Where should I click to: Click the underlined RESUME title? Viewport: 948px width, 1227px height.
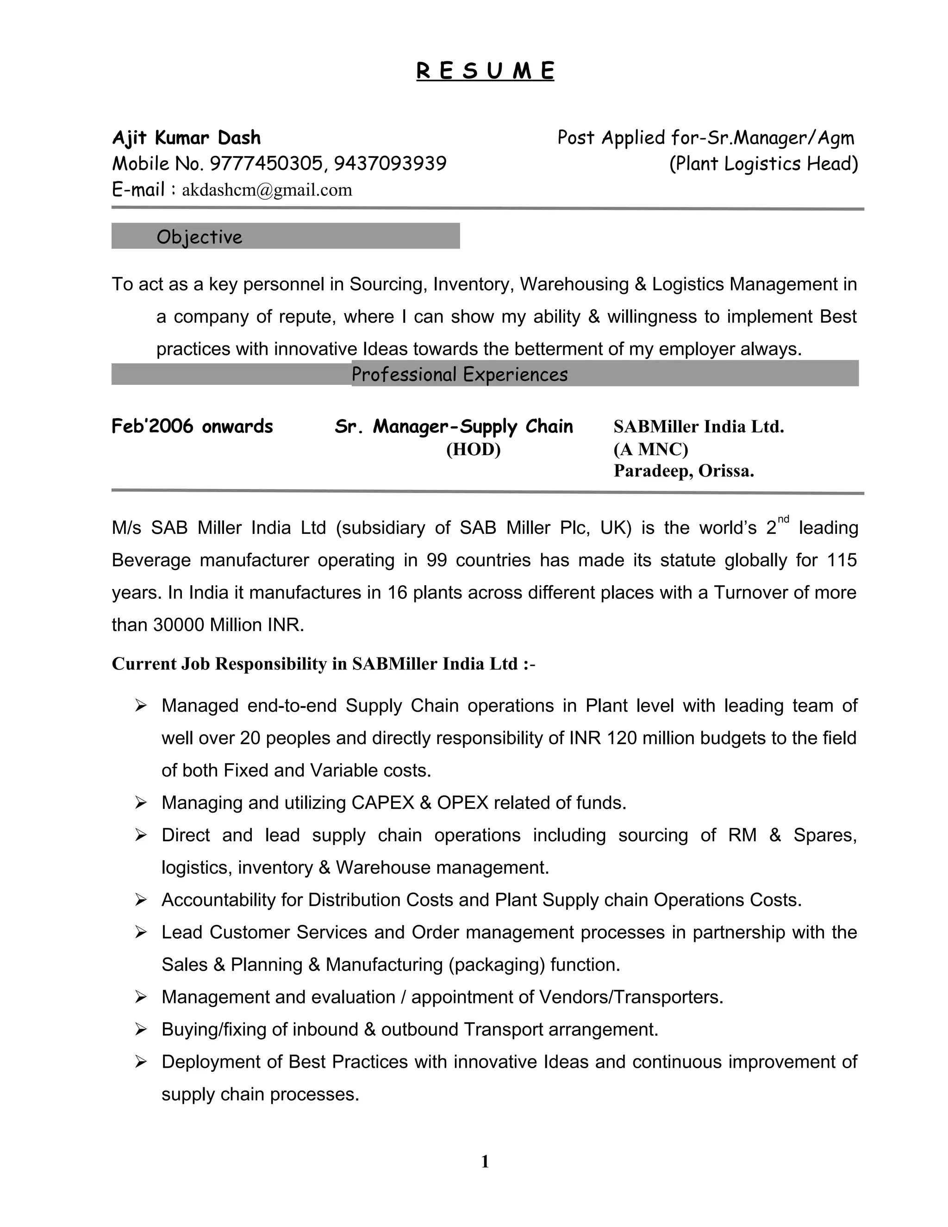485,71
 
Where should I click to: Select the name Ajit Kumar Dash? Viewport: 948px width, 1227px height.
186,138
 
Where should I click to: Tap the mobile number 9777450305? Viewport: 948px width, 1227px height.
266,163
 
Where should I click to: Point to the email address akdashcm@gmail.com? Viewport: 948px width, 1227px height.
267,190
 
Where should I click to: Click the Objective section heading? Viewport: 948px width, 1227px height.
200,237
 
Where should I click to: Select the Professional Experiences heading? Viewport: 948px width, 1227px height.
459,374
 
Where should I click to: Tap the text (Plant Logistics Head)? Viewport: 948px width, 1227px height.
763,163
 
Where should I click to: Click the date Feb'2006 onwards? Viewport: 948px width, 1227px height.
192,426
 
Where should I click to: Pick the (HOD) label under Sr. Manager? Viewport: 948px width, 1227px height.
473,450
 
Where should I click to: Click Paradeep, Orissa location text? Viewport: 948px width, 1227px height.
684,471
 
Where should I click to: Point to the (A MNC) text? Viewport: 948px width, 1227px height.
650,450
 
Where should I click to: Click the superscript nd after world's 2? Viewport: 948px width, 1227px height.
784,519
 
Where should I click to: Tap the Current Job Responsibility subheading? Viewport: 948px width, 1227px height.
323,664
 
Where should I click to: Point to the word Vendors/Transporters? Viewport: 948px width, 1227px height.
631,997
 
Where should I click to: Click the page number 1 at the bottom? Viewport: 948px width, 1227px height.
485,1161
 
